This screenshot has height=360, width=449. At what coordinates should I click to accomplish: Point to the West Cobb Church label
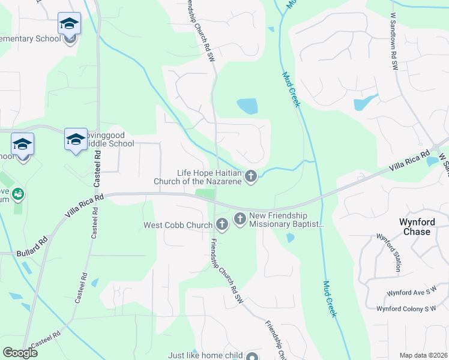pos(177,226)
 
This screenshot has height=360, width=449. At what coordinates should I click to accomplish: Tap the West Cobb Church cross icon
pos(222,226)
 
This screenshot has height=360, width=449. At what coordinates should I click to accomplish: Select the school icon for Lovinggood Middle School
pos(75,140)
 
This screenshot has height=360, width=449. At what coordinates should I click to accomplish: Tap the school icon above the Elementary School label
pos(69,25)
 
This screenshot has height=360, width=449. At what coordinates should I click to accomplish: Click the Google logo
pos(20,353)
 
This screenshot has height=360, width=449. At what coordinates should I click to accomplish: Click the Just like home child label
pos(205,355)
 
